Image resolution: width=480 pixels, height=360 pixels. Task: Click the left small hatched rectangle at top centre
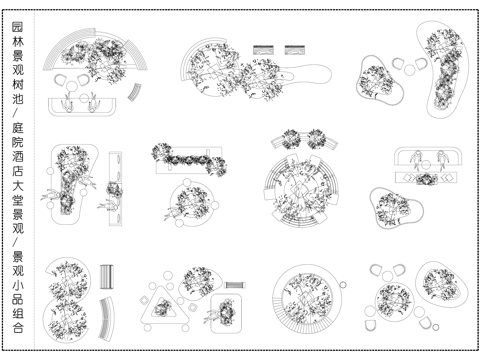coord(263,47)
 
